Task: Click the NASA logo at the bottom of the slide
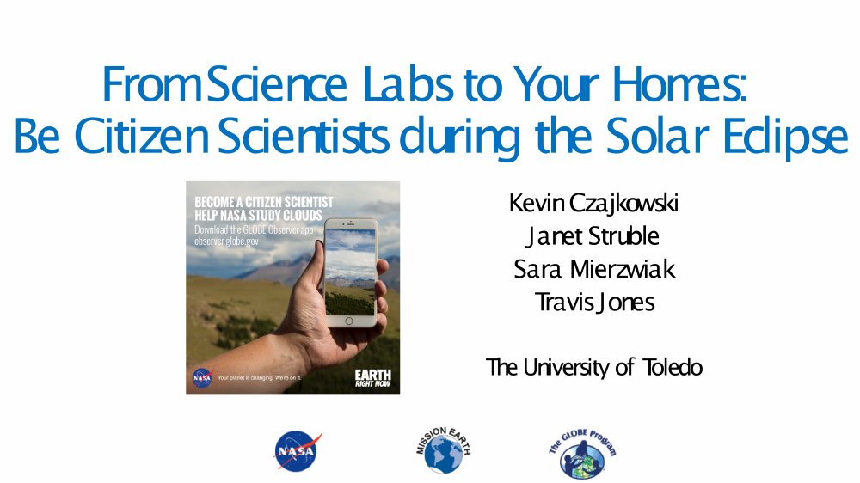298,451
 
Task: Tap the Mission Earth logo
443,450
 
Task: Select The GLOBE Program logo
582,454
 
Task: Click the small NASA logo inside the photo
202,378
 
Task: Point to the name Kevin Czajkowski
593,203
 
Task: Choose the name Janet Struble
592,236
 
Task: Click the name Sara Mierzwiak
594,269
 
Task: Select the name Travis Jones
594,302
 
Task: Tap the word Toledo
673,367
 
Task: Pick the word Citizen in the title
142,136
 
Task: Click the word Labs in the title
408,84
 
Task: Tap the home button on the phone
349,321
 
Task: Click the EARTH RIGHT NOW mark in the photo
373,378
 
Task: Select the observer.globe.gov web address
226,241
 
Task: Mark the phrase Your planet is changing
245,378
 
